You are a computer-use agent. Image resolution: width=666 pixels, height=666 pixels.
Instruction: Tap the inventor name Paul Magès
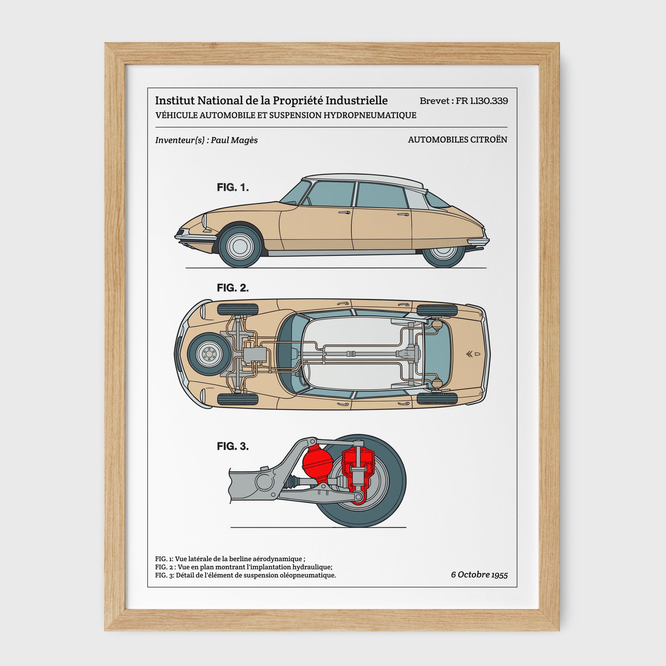tap(234, 140)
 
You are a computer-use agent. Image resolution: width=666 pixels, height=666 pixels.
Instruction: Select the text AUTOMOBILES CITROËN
tap(458, 140)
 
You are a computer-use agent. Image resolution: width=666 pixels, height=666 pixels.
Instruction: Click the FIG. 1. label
tap(233, 188)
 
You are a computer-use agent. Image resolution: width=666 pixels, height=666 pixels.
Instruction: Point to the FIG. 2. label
tap(233, 288)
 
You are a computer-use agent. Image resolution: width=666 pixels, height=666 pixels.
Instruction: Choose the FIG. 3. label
tap(233, 446)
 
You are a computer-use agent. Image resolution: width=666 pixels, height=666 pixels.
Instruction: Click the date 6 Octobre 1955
tap(479, 575)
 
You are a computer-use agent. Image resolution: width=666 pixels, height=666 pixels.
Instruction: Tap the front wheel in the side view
tap(240, 246)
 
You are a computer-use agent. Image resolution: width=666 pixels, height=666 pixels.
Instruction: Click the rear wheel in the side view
tap(444, 254)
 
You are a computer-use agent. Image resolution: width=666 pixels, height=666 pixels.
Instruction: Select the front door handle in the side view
tap(344, 213)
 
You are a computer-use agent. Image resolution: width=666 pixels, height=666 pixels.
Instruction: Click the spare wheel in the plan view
tap(209, 354)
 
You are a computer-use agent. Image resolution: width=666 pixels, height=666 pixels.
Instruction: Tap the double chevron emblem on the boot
tap(469, 354)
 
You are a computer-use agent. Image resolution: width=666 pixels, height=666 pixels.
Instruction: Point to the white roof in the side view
tap(362, 179)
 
